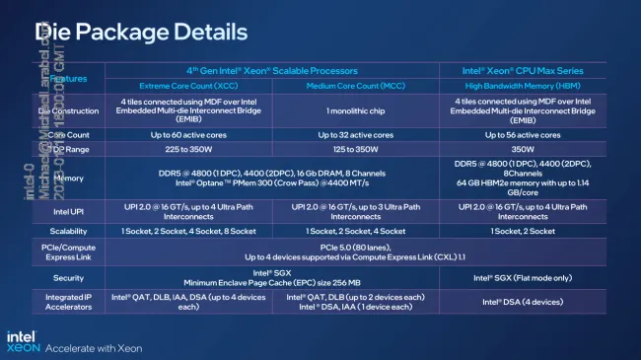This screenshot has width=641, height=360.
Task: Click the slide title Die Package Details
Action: coord(140,33)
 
